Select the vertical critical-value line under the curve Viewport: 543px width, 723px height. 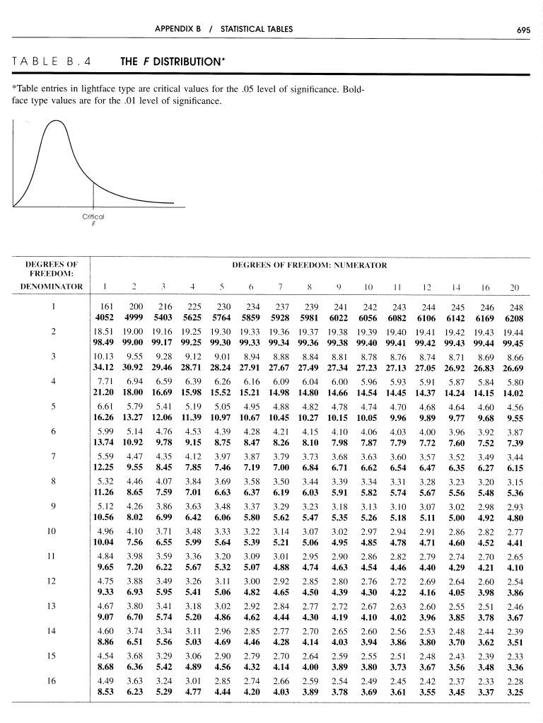pyautogui.click(x=93, y=192)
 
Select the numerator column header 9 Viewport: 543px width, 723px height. pyautogui.click(x=339, y=287)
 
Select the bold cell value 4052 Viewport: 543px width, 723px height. pyautogui.click(x=103, y=318)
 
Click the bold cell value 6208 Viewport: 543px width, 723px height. pyautogui.click(x=514, y=318)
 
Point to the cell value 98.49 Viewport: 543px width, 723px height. pyautogui.click(x=103, y=342)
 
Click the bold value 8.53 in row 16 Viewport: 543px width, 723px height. pyautogui.click(x=103, y=693)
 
